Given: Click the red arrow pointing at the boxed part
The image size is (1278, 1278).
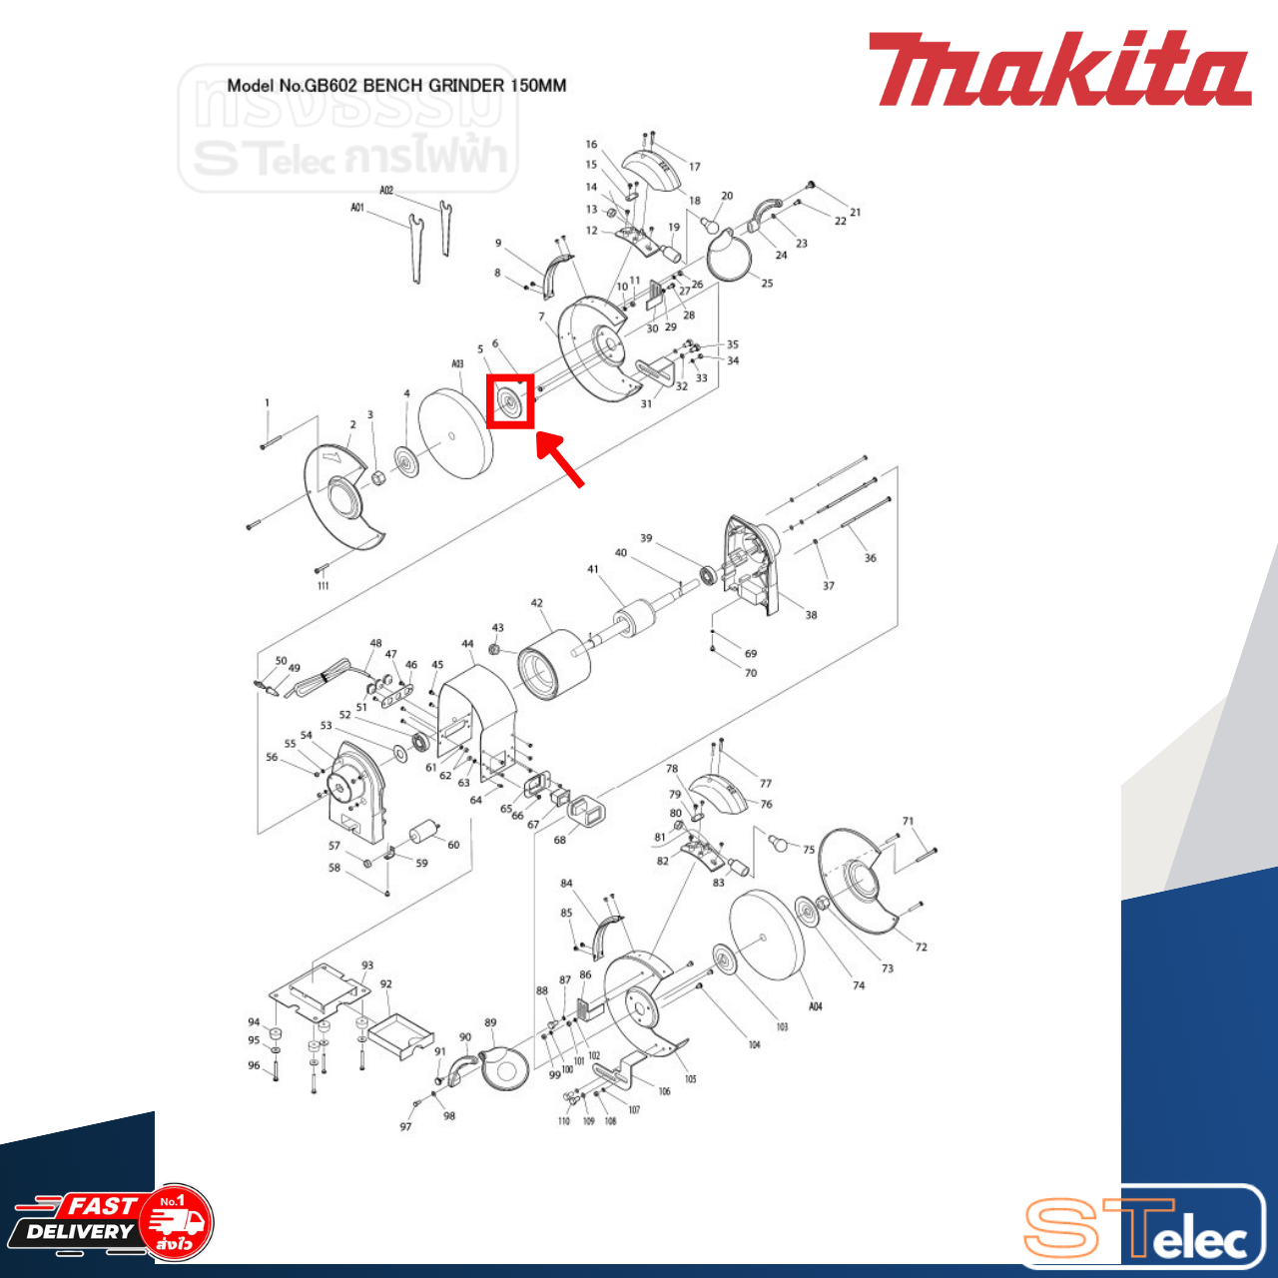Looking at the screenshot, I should [561, 459].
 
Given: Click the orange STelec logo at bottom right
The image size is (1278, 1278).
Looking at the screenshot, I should [1138, 1227].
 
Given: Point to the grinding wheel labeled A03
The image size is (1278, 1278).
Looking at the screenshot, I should [455, 434].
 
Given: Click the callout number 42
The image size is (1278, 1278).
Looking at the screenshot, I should [537, 603].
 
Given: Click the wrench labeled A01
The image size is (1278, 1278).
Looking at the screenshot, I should [411, 249].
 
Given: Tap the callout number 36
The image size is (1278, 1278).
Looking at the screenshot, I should [871, 558].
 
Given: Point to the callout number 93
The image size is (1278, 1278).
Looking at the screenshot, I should [367, 965].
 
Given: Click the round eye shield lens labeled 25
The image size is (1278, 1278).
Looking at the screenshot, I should [730, 257].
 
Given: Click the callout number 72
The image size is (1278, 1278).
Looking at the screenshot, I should [921, 947].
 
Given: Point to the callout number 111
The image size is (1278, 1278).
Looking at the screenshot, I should [322, 586].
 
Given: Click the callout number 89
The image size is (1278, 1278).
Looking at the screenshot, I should [490, 1022].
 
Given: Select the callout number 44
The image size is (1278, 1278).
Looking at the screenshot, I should [467, 644].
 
